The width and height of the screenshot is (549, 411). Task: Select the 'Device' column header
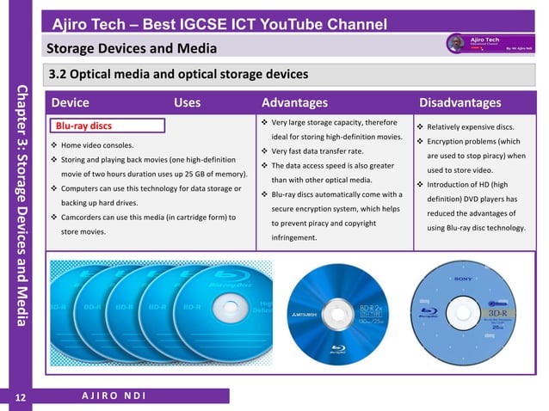pyautogui.click(x=70, y=103)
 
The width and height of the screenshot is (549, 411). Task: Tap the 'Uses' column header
pyautogui.click(x=187, y=103)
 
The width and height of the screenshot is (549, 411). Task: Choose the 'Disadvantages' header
pyautogui.click(x=460, y=103)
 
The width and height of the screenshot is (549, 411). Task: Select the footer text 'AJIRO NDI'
pyautogui.click(x=108, y=396)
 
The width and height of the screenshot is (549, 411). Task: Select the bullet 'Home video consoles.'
pyautogui.click(x=97, y=145)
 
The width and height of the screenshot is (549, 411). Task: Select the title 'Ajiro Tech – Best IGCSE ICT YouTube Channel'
pyautogui.click(x=218, y=23)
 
